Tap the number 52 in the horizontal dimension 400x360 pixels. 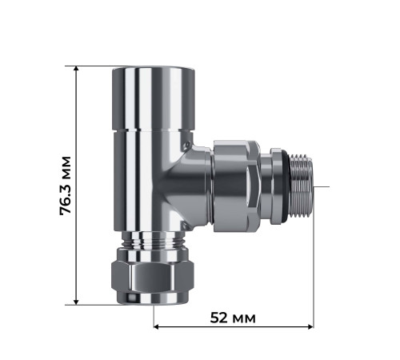(220, 318)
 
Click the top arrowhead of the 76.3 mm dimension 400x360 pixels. (77, 70)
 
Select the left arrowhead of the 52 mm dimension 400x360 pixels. (158, 326)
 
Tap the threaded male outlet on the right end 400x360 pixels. (298, 186)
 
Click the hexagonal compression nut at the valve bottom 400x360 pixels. (152, 276)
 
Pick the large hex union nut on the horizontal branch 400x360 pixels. (236, 186)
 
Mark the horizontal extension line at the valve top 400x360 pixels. (92, 66)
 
